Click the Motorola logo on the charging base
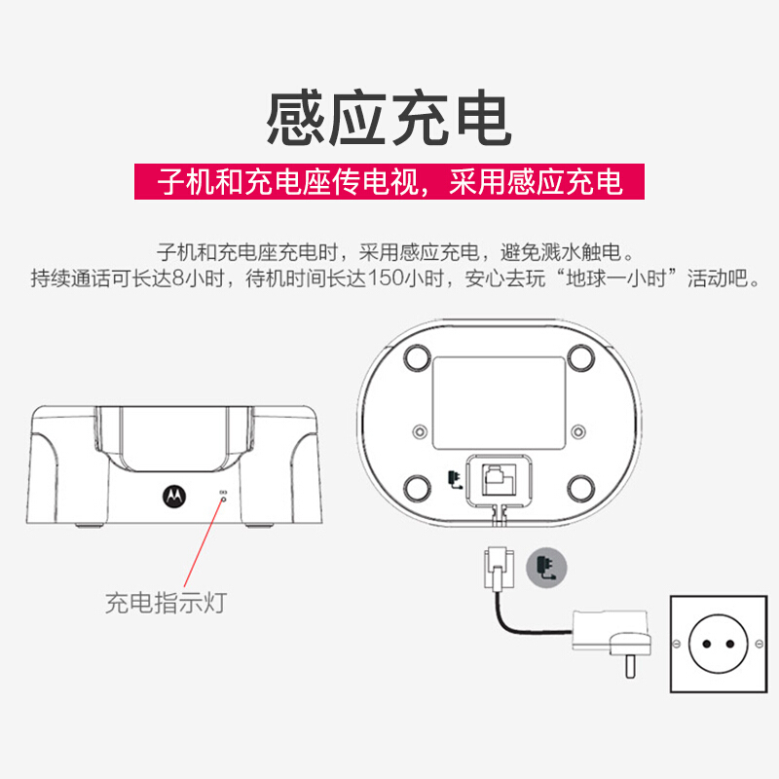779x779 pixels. pyautogui.click(x=174, y=496)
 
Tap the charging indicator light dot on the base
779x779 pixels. pyautogui.click(x=223, y=499)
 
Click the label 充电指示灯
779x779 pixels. pyautogui.click(x=166, y=603)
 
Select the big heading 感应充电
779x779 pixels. pyautogui.click(x=389, y=118)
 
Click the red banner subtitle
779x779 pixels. pyautogui.click(x=389, y=181)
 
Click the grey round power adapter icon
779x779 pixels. pyautogui.click(x=546, y=568)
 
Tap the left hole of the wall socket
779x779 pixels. pyautogui.click(x=707, y=644)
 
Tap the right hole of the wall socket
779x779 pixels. pyautogui.click(x=729, y=644)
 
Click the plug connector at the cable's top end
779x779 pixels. pyautogui.click(x=499, y=569)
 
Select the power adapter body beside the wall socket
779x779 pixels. pyautogui.click(x=612, y=637)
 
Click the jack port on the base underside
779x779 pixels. pyautogui.click(x=500, y=480)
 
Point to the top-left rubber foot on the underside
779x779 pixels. pyautogui.click(x=418, y=357)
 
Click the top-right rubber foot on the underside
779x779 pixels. pyautogui.click(x=580, y=357)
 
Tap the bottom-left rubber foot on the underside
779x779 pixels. pyautogui.click(x=418, y=489)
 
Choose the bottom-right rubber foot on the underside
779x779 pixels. pyautogui.click(x=580, y=489)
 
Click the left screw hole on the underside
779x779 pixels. pyautogui.click(x=421, y=431)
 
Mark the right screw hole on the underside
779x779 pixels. pyautogui.click(x=577, y=431)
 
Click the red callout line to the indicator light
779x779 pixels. pyautogui.click(x=204, y=544)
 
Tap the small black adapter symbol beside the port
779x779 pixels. pyautogui.click(x=455, y=479)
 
